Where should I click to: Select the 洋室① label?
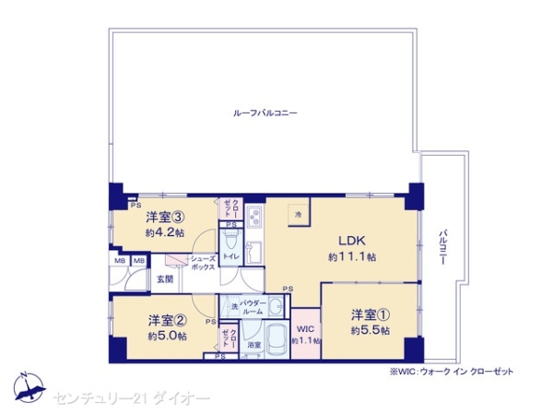[x=368, y=314]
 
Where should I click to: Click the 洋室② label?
[x=167, y=320]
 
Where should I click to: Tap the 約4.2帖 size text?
[x=164, y=233]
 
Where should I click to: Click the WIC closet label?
[x=306, y=329]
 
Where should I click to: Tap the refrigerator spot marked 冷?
[x=298, y=214]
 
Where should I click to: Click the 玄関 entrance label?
[x=164, y=279]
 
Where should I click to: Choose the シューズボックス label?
[x=202, y=262]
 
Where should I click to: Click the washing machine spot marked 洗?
[x=234, y=306]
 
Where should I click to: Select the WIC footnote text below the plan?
[x=451, y=372]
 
